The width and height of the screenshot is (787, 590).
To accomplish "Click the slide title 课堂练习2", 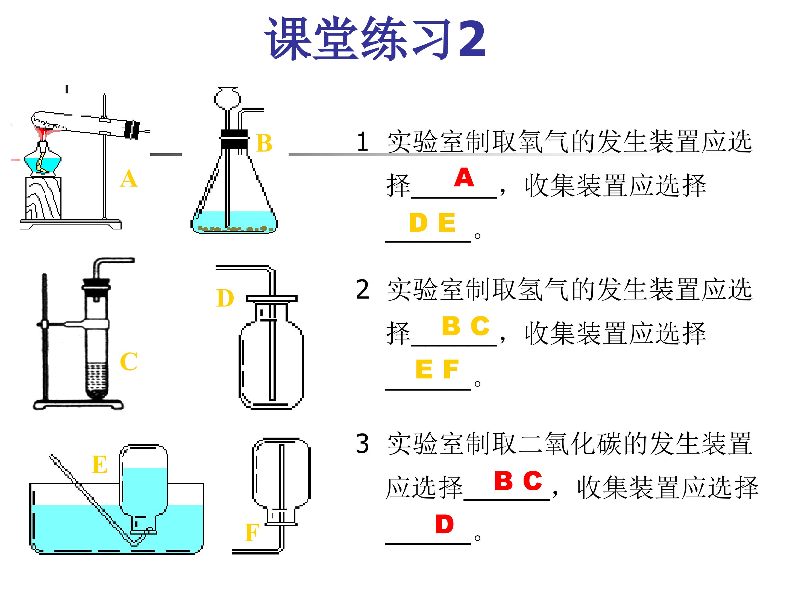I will (x=375, y=39).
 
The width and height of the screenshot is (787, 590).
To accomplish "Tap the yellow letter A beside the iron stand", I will (x=128, y=179).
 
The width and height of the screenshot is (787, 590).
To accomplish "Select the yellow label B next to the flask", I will (x=264, y=144).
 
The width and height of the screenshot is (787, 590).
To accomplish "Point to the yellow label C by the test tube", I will (x=128, y=362).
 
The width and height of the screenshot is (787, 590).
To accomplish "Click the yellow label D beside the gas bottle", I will (x=225, y=298).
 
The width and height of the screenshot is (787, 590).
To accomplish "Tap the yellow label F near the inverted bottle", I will (x=252, y=533).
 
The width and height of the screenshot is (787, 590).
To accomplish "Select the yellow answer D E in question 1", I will (x=432, y=223).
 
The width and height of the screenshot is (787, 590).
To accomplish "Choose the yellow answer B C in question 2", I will (x=465, y=326).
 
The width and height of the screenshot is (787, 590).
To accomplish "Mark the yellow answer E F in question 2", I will (x=437, y=370).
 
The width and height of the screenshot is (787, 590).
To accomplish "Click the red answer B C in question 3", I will (x=518, y=480).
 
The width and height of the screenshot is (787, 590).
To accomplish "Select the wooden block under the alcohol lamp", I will (x=43, y=198).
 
